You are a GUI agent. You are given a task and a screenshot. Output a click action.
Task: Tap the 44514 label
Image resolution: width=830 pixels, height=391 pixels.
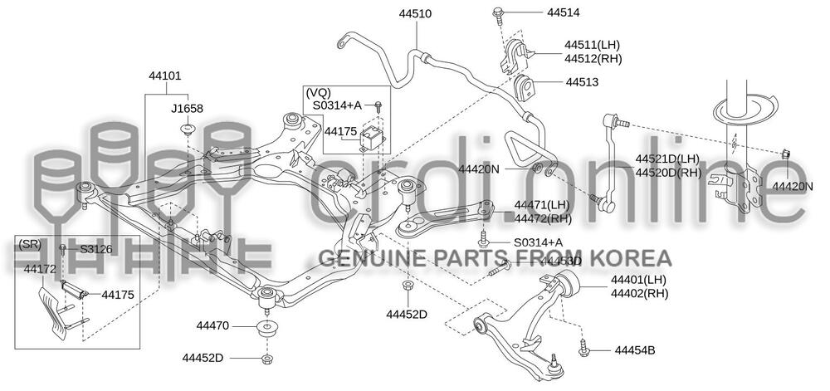click(x=564, y=12)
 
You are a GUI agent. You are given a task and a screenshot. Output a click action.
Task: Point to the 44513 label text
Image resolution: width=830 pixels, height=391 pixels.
click(x=583, y=82)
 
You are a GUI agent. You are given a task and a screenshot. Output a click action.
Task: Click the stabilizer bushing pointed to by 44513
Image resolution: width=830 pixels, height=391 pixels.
click(x=525, y=86)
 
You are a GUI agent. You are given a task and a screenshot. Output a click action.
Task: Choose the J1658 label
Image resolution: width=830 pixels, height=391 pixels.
click(x=187, y=108)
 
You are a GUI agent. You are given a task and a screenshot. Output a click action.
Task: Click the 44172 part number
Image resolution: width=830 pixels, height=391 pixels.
click(x=40, y=269)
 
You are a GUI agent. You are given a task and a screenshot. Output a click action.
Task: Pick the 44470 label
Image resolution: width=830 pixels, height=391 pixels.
click(x=212, y=325)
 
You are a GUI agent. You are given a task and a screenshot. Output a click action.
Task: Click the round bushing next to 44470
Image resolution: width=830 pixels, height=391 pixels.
click(x=266, y=326)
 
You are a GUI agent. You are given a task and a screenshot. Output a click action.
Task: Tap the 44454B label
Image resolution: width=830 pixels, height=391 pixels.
click(x=635, y=350)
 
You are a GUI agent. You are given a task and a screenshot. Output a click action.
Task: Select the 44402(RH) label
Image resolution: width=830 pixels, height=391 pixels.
click(x=639, y=293)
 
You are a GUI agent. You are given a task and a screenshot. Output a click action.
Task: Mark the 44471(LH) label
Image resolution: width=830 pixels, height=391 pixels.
click(x=541, y=205)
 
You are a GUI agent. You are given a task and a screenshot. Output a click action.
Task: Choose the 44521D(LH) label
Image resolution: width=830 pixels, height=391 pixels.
click(x=667, y=159)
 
